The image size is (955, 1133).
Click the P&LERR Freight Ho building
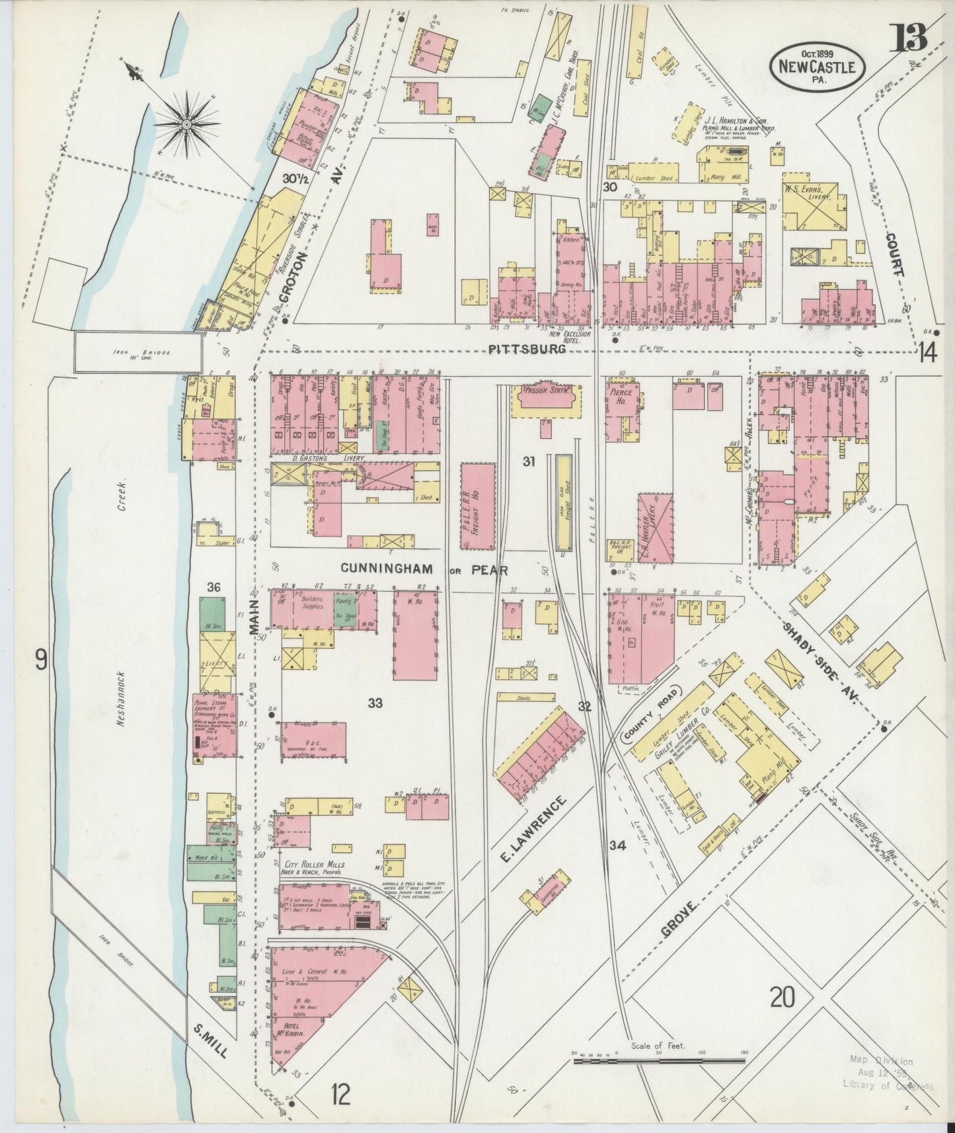click(478, 506)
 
